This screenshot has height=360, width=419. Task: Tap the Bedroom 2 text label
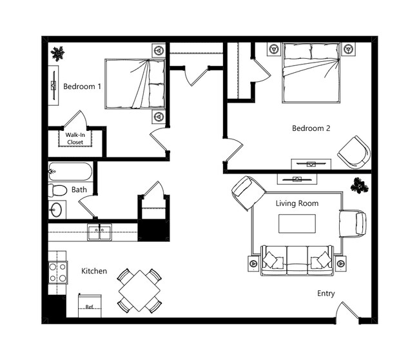311,128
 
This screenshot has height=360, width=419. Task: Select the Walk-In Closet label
75,138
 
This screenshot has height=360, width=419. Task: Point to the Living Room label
297,203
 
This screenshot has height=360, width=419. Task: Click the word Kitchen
93,271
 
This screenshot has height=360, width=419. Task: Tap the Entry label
326,294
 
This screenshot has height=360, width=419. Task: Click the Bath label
79,190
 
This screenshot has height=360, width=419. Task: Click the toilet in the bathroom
58,190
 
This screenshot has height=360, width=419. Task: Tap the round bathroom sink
57,210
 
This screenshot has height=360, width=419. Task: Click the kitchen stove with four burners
57,272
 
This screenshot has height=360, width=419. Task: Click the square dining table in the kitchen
139,290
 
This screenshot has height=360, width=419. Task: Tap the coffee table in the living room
297,223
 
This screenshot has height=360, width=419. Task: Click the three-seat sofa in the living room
297,259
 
